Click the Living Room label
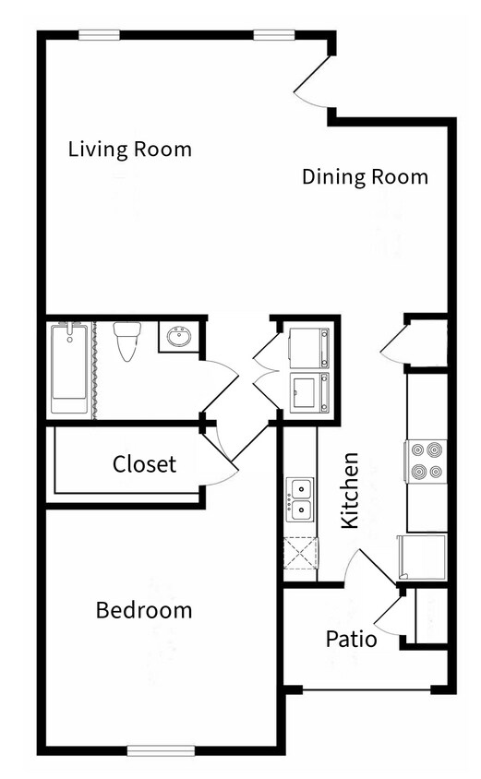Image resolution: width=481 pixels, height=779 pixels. coord(130,149)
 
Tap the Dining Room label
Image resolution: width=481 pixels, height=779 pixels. coord(365,176)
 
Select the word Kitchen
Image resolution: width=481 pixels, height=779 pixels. coord(350,490)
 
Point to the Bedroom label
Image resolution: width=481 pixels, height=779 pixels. coord(144,610)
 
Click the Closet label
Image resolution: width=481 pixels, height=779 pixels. coord(144,463)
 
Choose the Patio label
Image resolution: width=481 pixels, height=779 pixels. coord(351,638)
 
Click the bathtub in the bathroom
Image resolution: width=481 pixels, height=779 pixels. coord(67,368)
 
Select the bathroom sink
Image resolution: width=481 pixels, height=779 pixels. coord(177,337)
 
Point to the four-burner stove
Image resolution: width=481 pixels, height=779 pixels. coord(427,461)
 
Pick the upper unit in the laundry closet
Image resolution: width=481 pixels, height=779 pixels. coord(309,347)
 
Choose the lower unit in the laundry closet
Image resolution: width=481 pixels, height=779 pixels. coord(309,393)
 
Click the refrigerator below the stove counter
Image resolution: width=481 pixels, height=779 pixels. coord(423,557)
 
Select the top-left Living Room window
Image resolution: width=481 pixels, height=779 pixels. coord(99,35)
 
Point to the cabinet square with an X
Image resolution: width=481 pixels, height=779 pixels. coord(300,556)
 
